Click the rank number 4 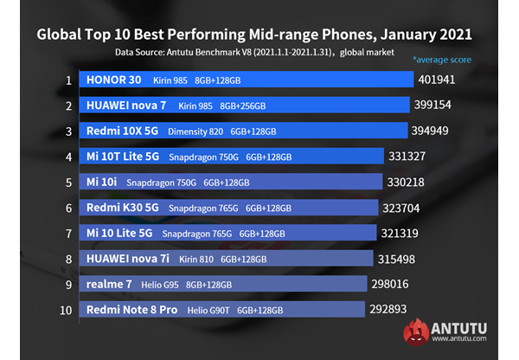[x=67, y=157]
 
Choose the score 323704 [x=407, y=209]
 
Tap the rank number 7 [x=67, y=234]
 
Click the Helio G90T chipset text [x=210, y=310]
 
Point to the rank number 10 [x=67, y=310]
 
